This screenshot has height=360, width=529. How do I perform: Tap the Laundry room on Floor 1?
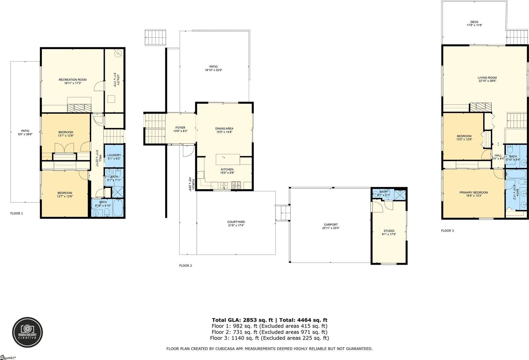(114, 157)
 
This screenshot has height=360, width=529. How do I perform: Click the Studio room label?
(389, 231)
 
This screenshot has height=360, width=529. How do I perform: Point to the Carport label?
(330, 225)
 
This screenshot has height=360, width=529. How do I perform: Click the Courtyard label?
(236, 222)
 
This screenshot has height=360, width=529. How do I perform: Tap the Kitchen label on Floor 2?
(227, 169)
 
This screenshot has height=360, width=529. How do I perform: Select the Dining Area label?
(224, 128)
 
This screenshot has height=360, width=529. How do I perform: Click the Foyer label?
(180, 127)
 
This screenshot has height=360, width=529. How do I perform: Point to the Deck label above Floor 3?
(474, 22)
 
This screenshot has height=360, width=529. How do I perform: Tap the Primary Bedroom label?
(473, 193)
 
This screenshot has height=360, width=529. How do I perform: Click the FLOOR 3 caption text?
(447, 231)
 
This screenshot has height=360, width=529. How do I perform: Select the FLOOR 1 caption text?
(17, 213)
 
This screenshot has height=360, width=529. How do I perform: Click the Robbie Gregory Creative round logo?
(27, 332)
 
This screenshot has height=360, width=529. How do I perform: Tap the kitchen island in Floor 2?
(228, 159)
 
